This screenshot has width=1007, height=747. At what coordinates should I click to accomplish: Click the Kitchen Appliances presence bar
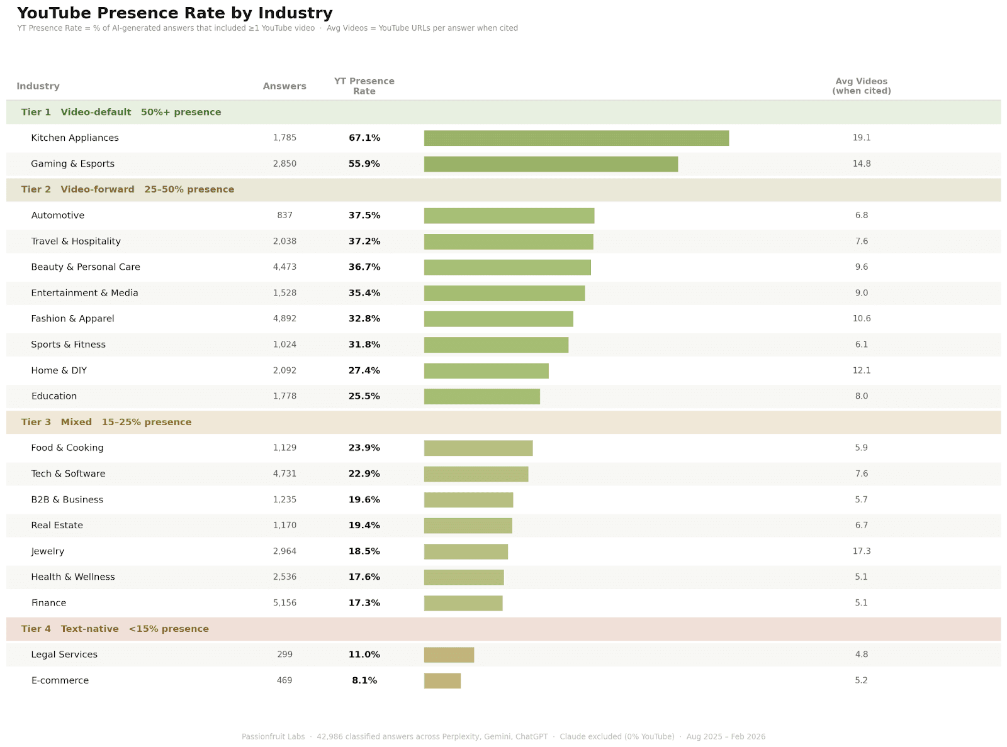576,138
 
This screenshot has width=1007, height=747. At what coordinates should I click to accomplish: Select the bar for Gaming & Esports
551,164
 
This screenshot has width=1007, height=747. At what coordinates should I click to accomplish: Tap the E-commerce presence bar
442,681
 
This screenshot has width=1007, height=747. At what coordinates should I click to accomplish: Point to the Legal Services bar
449,655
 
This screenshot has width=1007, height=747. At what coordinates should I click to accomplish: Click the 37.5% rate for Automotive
364,216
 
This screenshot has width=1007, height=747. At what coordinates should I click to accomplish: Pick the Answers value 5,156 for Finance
284,603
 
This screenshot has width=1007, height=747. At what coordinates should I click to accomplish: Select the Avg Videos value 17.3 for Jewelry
862,551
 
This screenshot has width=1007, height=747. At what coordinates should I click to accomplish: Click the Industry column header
38,86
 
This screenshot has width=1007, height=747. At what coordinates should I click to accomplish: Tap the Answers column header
284,86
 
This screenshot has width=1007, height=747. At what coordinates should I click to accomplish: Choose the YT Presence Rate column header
364,86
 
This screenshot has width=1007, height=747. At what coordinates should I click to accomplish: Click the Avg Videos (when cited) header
862,86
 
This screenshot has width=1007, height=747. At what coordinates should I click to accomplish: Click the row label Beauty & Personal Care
86,267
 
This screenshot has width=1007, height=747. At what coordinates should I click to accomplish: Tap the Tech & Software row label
68,474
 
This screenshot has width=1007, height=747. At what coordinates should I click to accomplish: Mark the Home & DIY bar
486,371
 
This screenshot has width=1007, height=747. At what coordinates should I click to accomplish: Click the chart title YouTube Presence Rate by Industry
175,13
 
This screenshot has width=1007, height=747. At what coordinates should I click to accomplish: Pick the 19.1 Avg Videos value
862,138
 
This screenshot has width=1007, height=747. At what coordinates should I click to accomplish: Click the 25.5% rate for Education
364,397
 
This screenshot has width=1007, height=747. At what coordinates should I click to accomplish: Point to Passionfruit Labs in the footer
273,737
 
